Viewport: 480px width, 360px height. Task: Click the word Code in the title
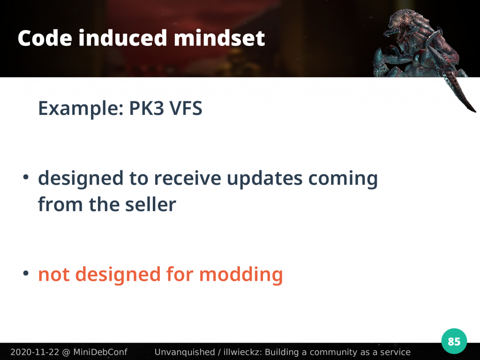pos(45,38)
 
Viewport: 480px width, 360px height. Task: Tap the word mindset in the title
pos(219,38)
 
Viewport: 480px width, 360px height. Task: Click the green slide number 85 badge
pos(454,341)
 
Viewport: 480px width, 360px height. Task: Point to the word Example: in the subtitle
pos(81,109)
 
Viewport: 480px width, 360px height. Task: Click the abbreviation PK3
pos(146,108)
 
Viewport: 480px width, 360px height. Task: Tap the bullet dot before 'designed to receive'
pos(26,177)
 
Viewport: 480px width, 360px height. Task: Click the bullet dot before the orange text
pos(26,273)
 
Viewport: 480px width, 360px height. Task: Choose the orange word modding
pos(241,274)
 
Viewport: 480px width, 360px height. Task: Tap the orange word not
pos(53,274)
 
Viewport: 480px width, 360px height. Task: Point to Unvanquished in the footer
pos(185,352)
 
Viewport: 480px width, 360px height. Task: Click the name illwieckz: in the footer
pos(242,352)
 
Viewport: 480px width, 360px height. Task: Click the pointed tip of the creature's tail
pos(475,112)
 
